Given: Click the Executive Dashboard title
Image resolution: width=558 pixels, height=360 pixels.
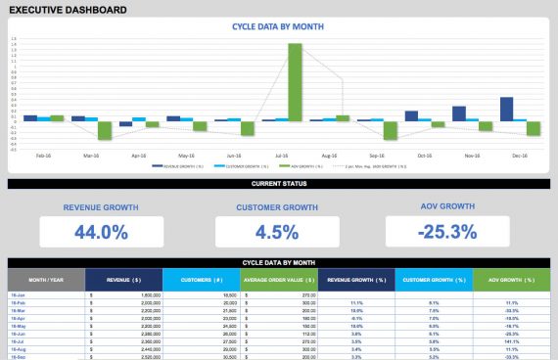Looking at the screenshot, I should pyautogui.click(x=68, y=10).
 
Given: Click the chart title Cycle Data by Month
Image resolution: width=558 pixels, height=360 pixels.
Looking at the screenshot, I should pyautogui.click(x=279, y=28).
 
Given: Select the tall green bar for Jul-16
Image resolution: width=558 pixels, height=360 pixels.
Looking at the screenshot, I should pyautogui.click(x=295, y=82).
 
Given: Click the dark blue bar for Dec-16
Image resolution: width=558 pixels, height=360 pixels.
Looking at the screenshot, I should pyautogui.click(x=506, y=109).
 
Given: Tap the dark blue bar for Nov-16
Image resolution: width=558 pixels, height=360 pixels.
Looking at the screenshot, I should pyautogui.click(x=458, y=113).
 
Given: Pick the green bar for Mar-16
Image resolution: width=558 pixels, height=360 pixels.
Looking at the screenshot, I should pyautogui.click(x=105, y=130).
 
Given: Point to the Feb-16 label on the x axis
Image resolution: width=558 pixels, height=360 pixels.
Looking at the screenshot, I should pyautogui.click(x=44, y=155).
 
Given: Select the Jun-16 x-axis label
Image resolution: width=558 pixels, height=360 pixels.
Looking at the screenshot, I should pyautogui.click(x=235, y=155).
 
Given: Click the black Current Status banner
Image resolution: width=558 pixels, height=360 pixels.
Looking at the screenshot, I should pyautogui.click(x=279, y=183).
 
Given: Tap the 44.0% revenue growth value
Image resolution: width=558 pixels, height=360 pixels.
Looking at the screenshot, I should pyautogui.click(x=101, y=232).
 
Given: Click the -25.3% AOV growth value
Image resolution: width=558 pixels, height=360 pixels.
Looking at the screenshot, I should pyautogui.click(x=446, y=232).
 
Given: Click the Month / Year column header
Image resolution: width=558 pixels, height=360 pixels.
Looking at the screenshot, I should pyautogui.click(x=46, y=280).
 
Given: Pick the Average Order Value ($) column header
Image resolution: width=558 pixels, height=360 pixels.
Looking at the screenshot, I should pyautogui.click(x=279, y=280).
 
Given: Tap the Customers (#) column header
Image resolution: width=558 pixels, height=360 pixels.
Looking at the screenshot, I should pyautogui.click(x=202, y=280).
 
